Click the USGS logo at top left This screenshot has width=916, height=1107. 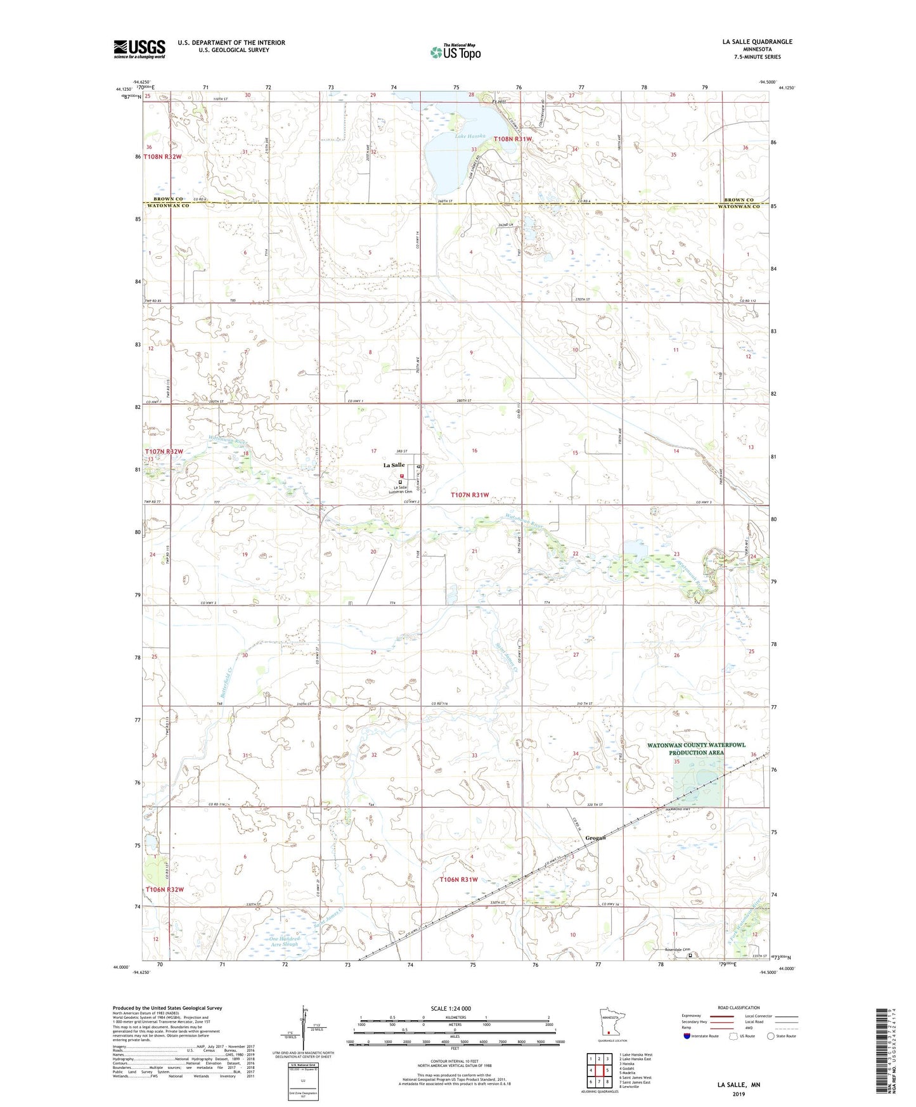click(139, 49)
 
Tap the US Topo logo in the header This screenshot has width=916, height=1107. click(455, 52)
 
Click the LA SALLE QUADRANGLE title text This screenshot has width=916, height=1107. click(757, 42)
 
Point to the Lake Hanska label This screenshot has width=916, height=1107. click(470, 136)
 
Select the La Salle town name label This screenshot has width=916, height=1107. click(394, 465)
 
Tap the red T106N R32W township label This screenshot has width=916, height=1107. click(164, 890)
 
